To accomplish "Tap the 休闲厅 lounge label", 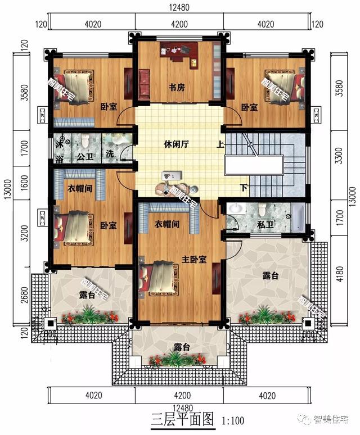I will click(177, 144).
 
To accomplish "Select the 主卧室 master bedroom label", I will click(193, 259).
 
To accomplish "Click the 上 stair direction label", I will click(219, 144).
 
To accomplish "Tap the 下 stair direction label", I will click(243, 188).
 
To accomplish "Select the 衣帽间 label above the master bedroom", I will click(166, 224).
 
